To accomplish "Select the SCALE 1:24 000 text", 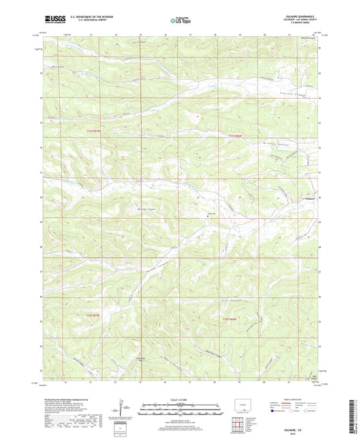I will coord(180,402).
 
